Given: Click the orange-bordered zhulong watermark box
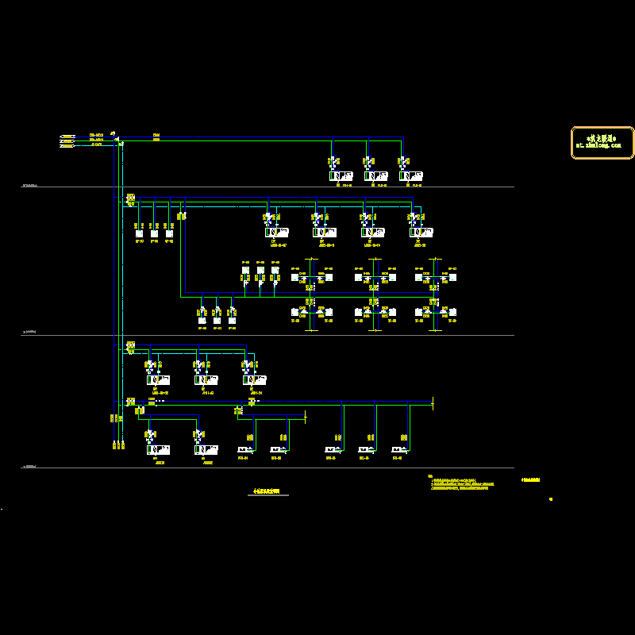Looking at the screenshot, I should click(x=602, y=143).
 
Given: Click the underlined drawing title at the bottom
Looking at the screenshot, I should click(x=267, y=493).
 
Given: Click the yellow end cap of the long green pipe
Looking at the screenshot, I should click(x=433, y=403).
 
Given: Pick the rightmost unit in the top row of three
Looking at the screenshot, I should click(x=410, y=175).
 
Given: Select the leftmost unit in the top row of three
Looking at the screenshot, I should click(x=341, y=175).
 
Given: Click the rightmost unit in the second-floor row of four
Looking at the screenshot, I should click(x=421, y=232).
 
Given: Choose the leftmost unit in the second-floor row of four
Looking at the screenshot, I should click(x=276, y=232).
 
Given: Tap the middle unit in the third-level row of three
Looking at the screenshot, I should click(x=206, y=379).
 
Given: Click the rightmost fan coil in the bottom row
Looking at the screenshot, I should click(x=399, y=450).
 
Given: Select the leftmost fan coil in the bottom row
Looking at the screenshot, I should click(x=244, y=450).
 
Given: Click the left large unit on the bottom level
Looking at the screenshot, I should click(x=158, y=449).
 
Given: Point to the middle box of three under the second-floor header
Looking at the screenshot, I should click(x=154, y=233).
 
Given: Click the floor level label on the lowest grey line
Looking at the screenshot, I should click(x=30, y=467).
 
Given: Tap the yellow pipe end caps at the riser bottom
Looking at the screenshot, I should click(x=117, y=444).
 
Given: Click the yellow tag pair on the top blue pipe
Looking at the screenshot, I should click(x=156, y=137).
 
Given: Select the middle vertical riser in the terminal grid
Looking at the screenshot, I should click(x=373, y=294).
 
